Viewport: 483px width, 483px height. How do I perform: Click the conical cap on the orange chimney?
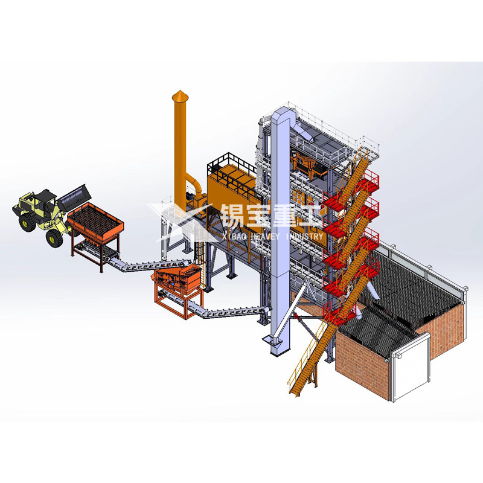point(180,95)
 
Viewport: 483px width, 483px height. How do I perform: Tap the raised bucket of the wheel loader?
point(75,198)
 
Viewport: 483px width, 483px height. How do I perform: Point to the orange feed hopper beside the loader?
point(95,222)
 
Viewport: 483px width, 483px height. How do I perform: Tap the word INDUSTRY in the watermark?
point(304,236)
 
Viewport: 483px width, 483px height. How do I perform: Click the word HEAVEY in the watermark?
point(266,236)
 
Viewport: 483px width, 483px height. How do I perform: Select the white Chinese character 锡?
point(234,216)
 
